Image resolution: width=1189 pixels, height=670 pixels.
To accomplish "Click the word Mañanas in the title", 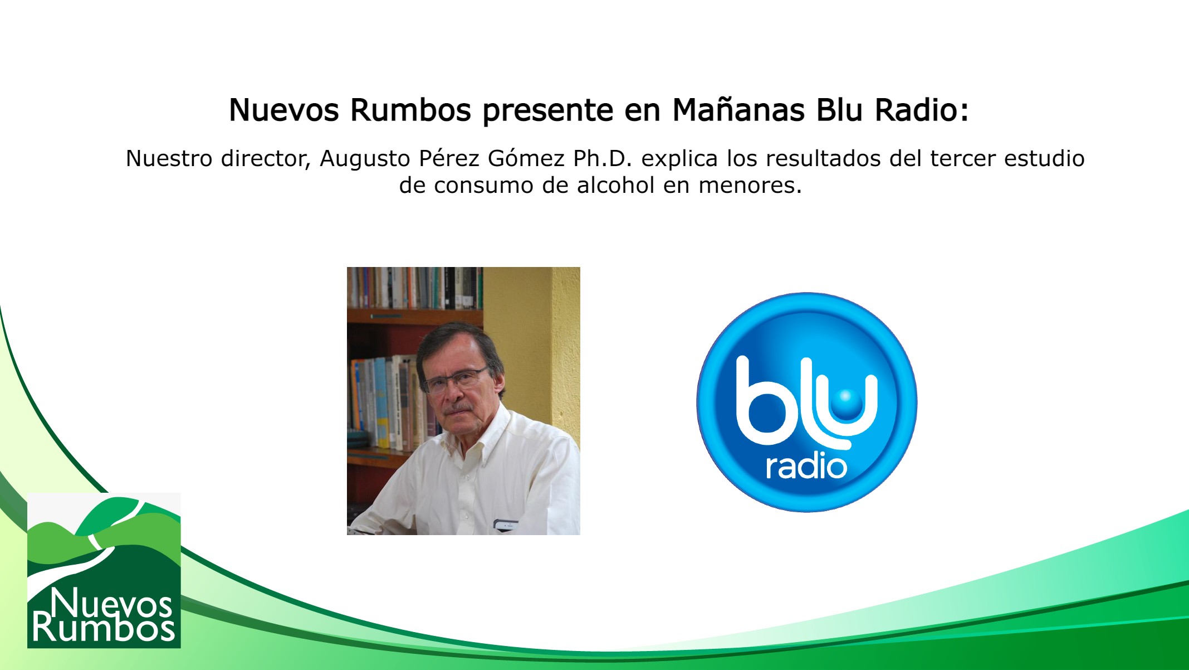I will pos(738,110).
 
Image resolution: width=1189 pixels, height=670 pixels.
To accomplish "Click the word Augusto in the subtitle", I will pos(365,159).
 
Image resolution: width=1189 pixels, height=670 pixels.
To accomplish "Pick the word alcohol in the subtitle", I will pos(615,186).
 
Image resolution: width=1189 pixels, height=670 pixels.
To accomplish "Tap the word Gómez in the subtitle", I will pos(526,159).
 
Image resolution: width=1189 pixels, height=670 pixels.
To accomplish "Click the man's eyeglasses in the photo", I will pos(454,381).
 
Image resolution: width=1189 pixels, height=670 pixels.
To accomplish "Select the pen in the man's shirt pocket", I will pos(506,523).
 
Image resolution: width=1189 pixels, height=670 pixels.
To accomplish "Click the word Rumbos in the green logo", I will pos(104,628).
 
